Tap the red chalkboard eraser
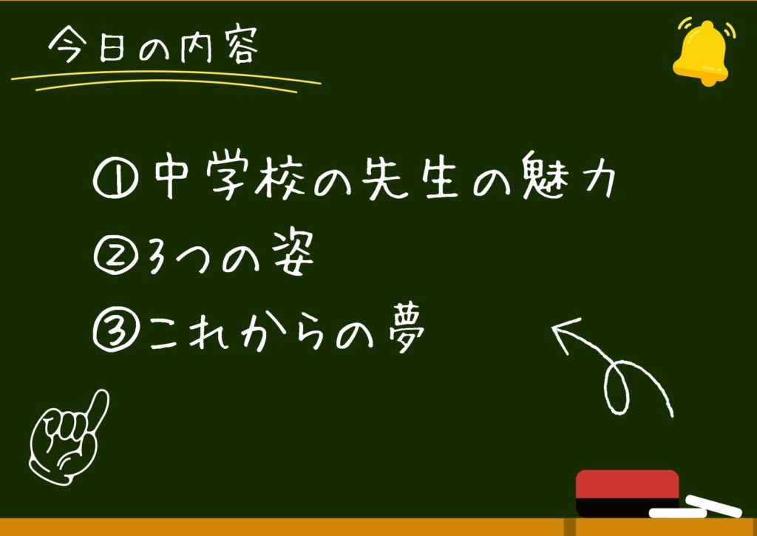(x=627, y=492)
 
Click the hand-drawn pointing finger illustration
(x=67, y=437)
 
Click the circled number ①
(x=115, y=180)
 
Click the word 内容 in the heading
(x=219, y=47)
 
